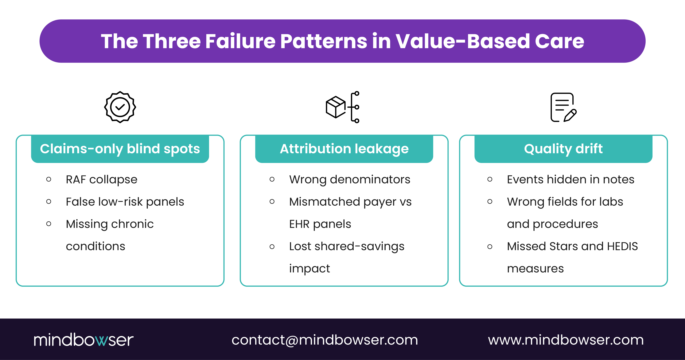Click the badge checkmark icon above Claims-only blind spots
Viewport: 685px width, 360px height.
pyautogui.click(x=120, y=107)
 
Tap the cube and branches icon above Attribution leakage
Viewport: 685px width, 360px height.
pyautogui.click(x=342, y=107)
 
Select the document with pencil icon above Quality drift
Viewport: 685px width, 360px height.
pyautogui.click(x=563, y=107)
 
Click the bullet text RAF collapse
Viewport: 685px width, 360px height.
pyautogui.click(x=102, y=180)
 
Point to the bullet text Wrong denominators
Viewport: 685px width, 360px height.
pyautogui.click(x=349, y=180)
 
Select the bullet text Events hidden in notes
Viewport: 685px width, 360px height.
pyautogui.click(x=570, y=180)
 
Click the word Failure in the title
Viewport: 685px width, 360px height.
pyautogui.click(x=240, y=41)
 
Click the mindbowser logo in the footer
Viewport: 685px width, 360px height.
pyautogui.click(x=84, y=340)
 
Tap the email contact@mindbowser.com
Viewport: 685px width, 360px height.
pyautogui.click(x=325, y=340)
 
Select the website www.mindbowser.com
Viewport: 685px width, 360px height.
pyautogui.click(x=566, y=340)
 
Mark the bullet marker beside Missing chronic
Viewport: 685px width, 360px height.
pyautogui.click(x=49, y=224)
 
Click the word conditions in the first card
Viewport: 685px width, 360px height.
pyautogui.click(x=95, y=246)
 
